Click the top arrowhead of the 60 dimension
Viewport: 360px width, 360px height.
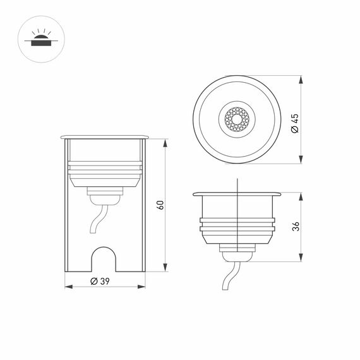tap(165, 141)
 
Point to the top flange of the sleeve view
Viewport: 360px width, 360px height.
tap(105, 136)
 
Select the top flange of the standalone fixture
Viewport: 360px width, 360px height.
tap(237, 192)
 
